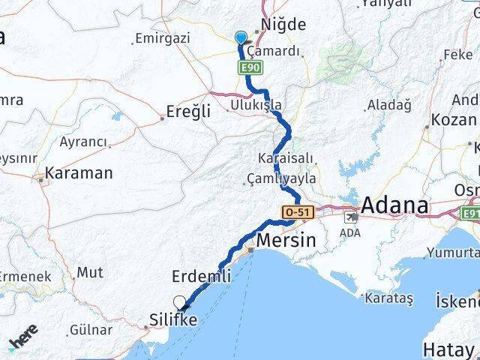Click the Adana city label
click(x=395, y=205)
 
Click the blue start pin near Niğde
click(x=240, y=38)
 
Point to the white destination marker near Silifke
click(x=179, y=302)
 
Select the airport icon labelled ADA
click(x=351, y=217)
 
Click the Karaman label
click(x=79, y=173)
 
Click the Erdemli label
click(x=201, y=277)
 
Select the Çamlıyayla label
click(x=280, y=178)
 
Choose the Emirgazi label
click(x=161, y=38)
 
